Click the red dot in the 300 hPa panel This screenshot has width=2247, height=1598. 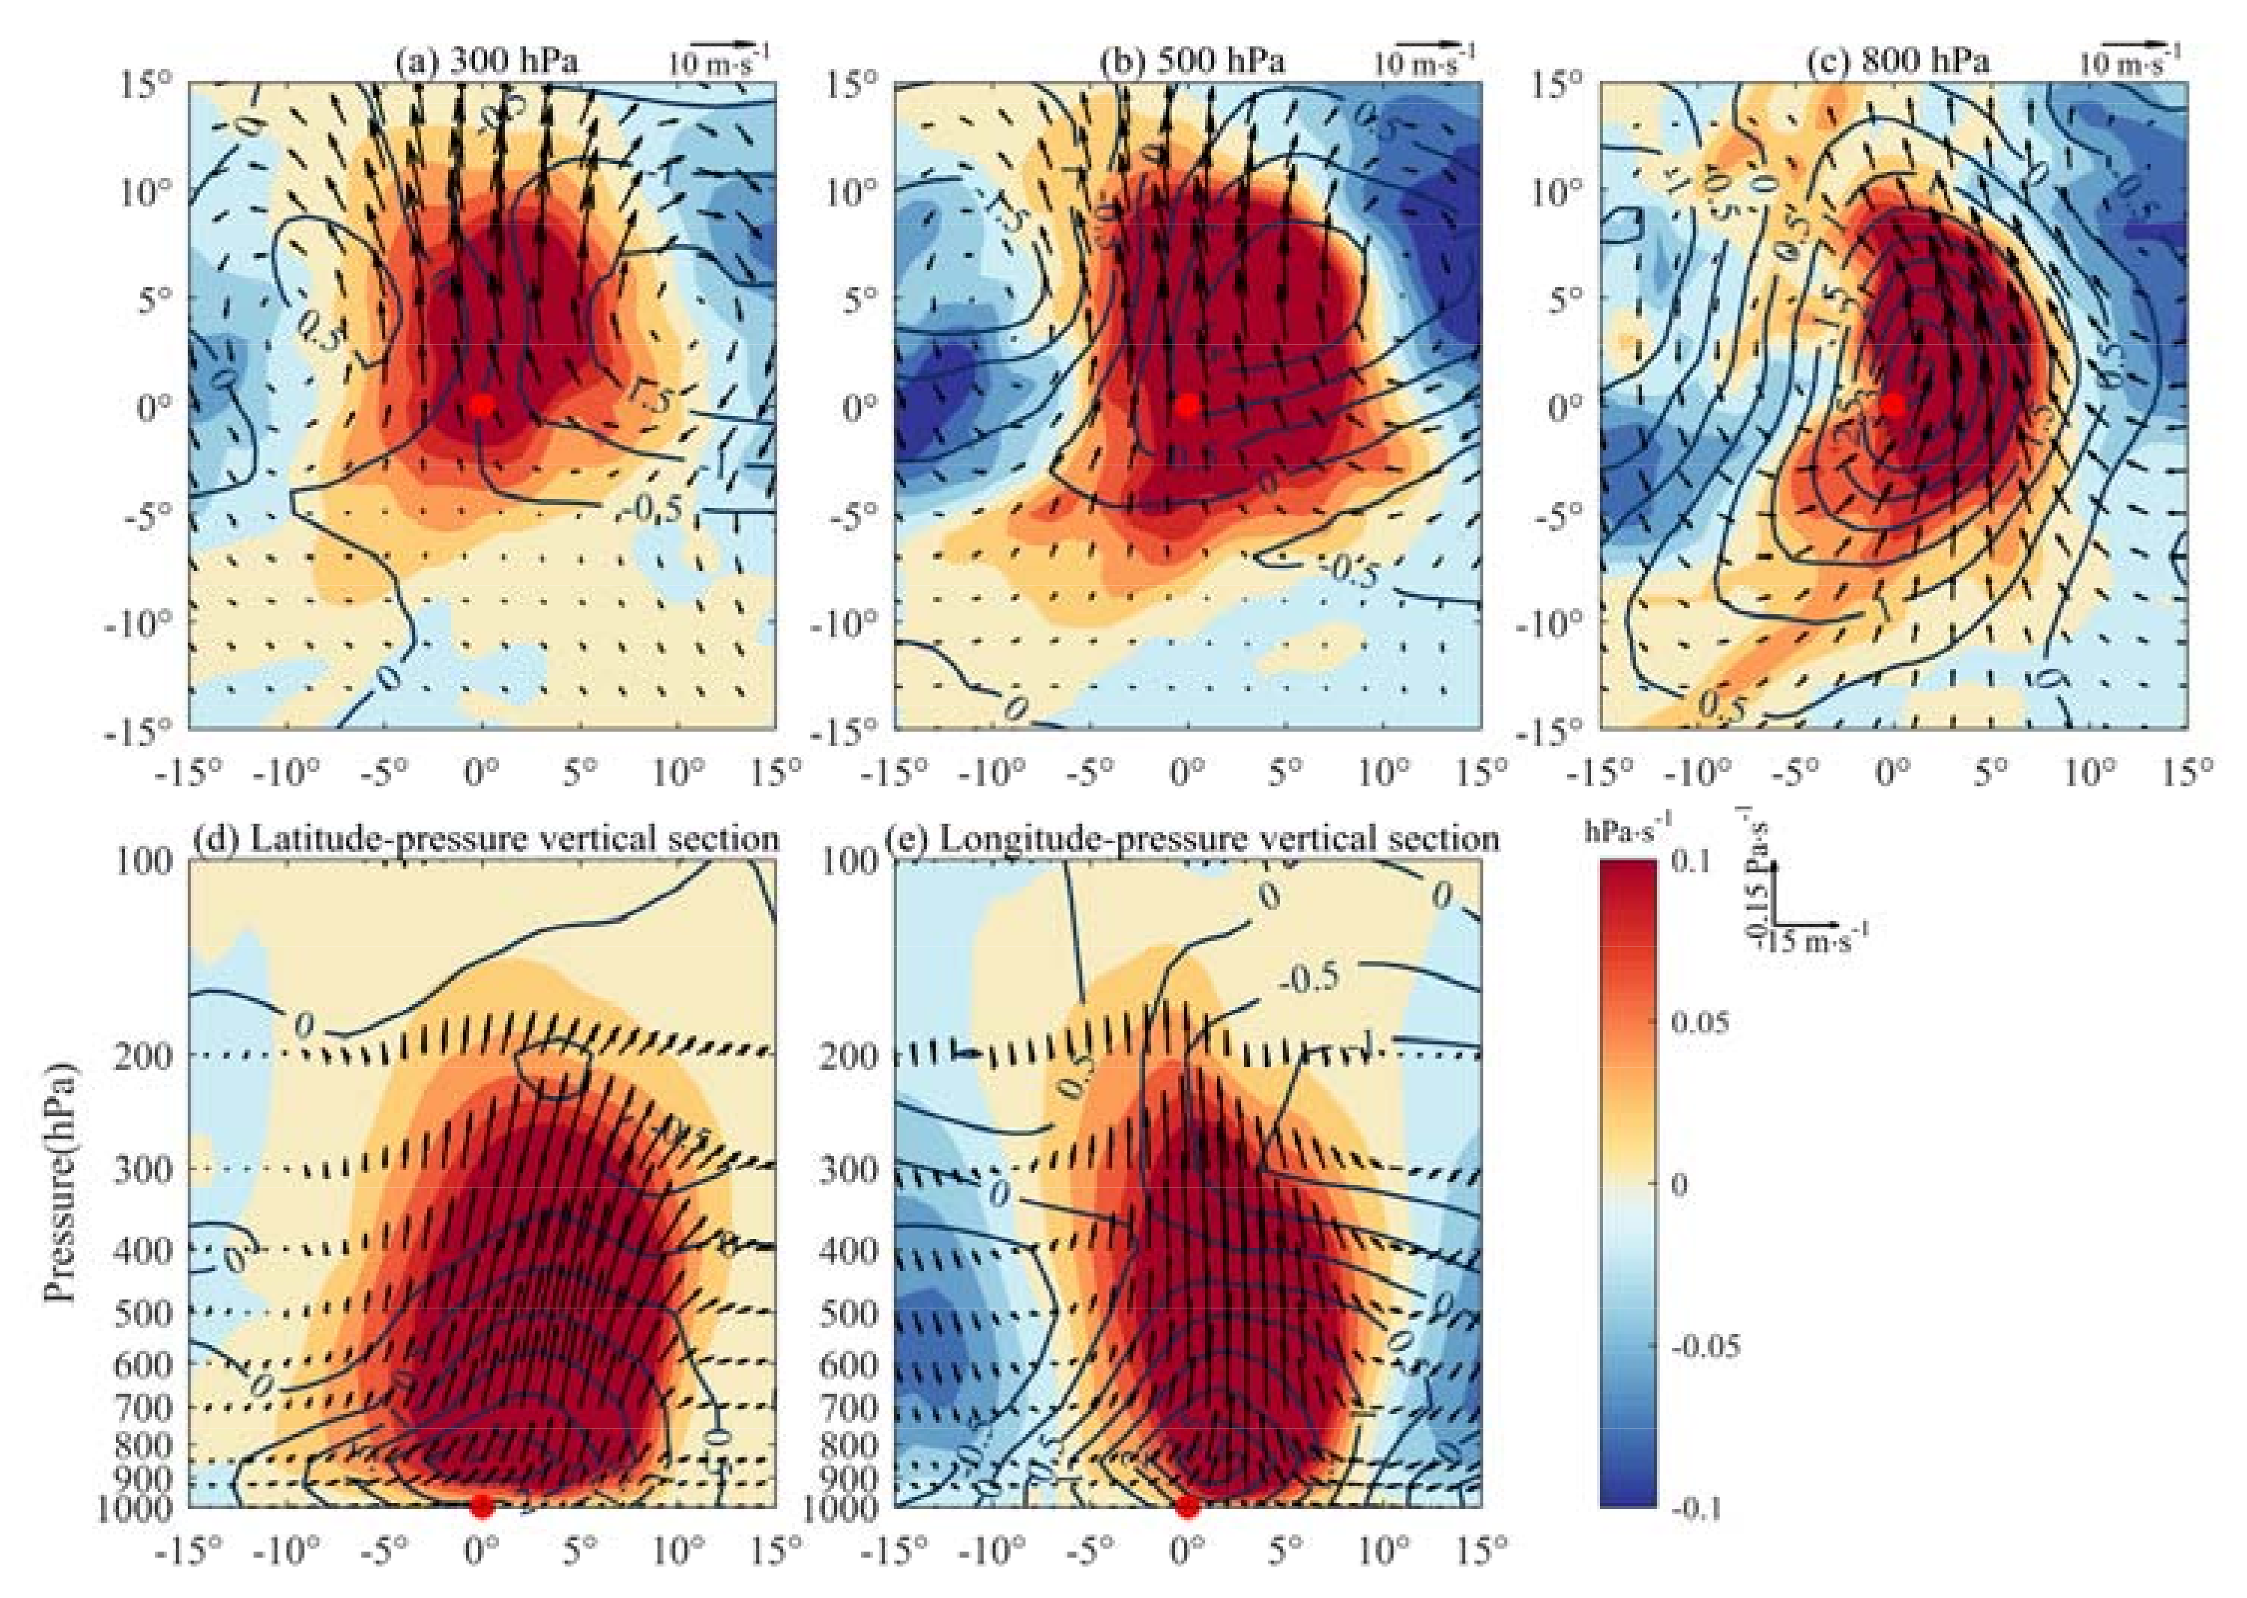point(481,405)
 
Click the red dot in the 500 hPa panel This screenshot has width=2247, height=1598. point(1187,405)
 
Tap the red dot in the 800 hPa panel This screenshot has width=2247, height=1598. point(1894,405)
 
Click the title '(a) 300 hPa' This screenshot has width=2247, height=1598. point(486,61)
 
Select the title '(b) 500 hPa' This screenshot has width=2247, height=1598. point(1192,61)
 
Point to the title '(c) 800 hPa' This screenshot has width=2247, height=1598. point(1898,61)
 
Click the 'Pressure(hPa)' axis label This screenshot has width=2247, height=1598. point(62,1181)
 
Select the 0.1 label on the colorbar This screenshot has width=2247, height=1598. point(1691,862)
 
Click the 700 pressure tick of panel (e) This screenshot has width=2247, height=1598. point(848,1407)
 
